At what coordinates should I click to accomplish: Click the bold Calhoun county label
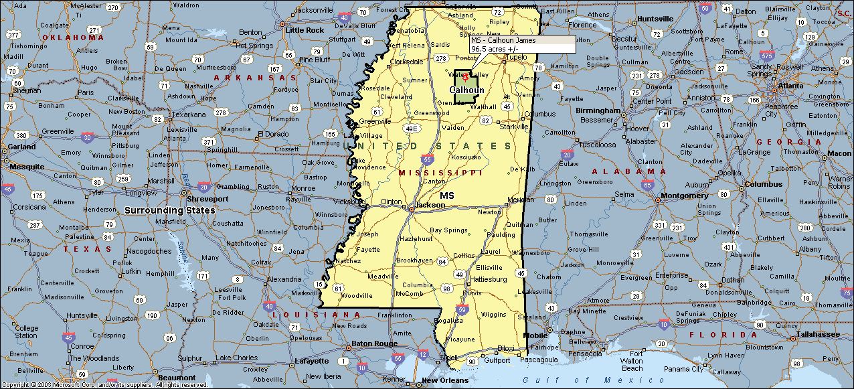[466, 90]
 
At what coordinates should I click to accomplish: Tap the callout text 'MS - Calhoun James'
[503, 40]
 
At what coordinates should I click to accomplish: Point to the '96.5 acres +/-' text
[495, 49]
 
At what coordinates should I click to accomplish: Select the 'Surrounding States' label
[170, 210]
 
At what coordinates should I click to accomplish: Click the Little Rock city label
[305, 30]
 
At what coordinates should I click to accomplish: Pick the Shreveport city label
[207, 199]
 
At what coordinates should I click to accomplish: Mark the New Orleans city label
[445, 381]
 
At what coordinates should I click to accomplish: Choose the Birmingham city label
[598, 110]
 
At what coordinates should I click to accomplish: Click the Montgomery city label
[684, 196]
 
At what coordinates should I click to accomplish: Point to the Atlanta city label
[790, 86]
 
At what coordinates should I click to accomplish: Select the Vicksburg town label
[347, 201]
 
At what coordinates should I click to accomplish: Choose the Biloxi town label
[506, 348]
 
